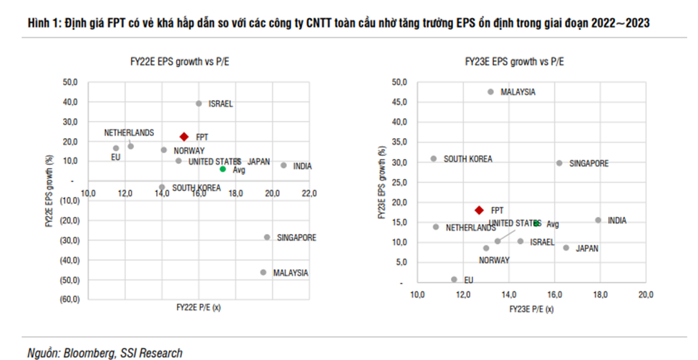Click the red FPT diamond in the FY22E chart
pos(184,136)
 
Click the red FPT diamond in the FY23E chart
pos(479,210)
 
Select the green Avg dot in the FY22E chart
pos(223,169)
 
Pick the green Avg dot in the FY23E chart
pos(535,223)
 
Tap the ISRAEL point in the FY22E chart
pos(199,104)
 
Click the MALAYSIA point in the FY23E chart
pos(490,92)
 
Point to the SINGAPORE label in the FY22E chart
pos(296,238)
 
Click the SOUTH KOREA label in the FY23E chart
pos(467,159)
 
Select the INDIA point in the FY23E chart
pos(598,220)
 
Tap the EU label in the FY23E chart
pos(469,281)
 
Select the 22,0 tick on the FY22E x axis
pos(309,193)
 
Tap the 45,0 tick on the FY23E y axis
pos(399,102)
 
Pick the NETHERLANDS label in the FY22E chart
pos(129,133)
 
